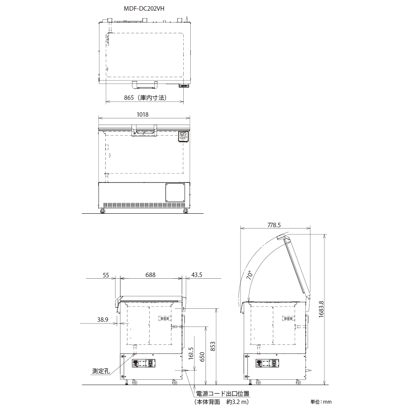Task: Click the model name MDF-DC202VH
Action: tap(144, 9)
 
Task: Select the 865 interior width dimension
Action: tap(145, 98)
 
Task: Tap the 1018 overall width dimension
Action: tap(143, 115)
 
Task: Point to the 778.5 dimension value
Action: tap(274, 225)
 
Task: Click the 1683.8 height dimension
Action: tap(321, 309)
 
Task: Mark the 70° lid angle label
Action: tap(250, 275)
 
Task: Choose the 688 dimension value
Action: tap(150, 275)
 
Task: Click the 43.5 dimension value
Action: tap(197, 275)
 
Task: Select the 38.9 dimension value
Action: tap(103, 319)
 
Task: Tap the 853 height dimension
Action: tap(213, 346)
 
